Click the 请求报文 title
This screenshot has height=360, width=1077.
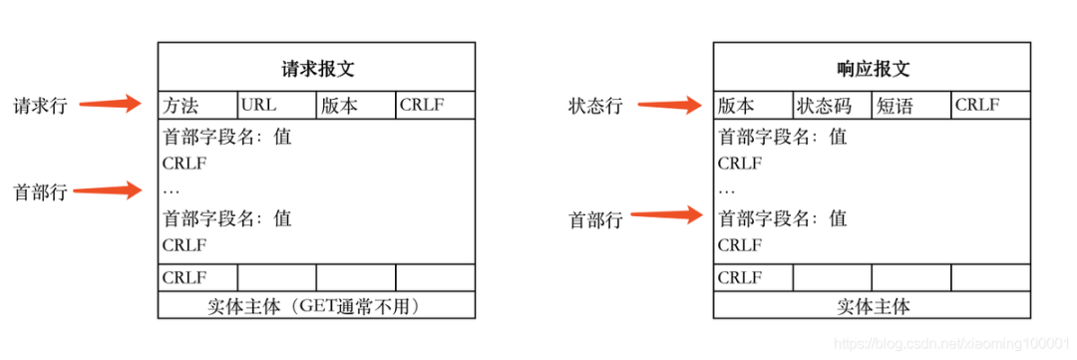[x=317, y=69]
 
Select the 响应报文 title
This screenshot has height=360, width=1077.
[x=873, y=69]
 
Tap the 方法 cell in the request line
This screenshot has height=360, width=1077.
[x=197, y=106]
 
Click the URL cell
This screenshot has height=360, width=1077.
[x=276, y=106]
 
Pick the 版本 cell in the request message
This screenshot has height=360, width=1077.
[x=356, y=106]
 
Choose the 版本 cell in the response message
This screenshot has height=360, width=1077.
[x=753, y=106]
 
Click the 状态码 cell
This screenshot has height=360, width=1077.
[x=832, y=106]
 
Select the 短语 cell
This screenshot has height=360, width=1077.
[x=910, y=106]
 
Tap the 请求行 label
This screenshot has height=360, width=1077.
[x=40, y=106]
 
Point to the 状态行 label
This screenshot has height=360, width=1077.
[x=595, y=106]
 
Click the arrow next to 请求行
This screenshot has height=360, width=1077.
[x=111, y=103]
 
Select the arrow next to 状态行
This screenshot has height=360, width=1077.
[x=670, y=103]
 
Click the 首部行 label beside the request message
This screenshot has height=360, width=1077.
[x=40, y=192]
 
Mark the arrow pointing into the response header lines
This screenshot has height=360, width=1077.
[x=668, y=213]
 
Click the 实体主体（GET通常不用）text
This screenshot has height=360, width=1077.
[x=317, y=306]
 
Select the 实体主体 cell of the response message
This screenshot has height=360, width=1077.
[x=873, y=306]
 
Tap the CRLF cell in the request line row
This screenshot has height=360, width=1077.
[x=435, y=106]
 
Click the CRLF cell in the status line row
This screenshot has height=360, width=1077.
[x=990, y=106]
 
